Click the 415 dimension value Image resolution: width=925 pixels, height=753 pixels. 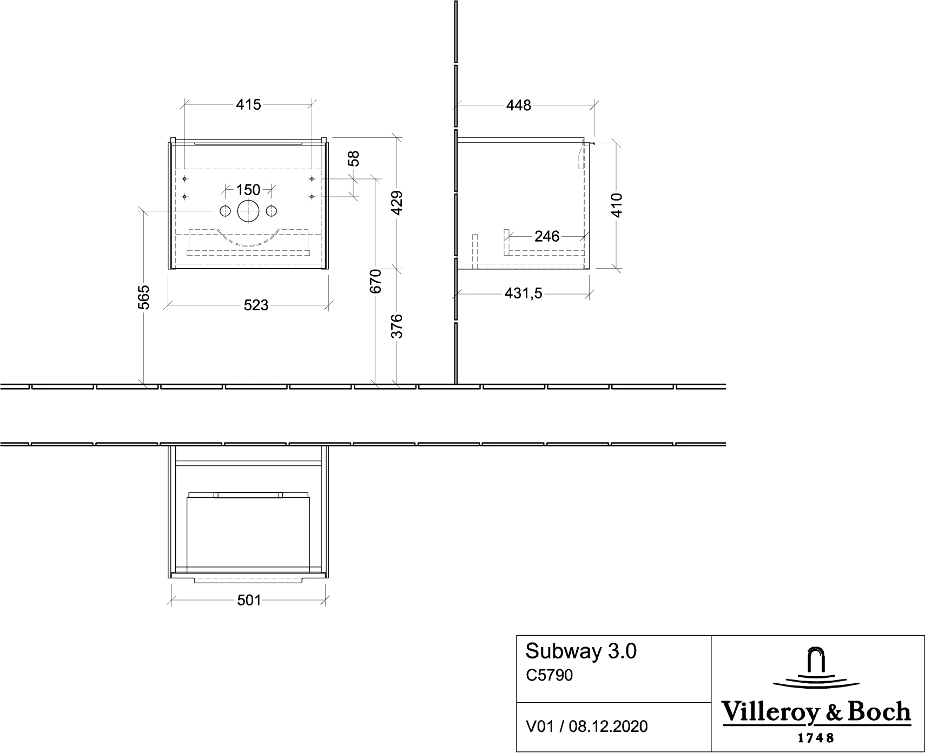248,104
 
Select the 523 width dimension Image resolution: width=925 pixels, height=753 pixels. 256,305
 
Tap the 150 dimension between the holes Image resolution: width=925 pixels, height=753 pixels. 248,190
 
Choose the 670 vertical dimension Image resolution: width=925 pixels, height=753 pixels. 376,281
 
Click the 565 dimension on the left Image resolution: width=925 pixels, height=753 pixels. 144,297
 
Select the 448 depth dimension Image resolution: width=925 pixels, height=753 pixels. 519,105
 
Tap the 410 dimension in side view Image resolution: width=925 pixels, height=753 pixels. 617,205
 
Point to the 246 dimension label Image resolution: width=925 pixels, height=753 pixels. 547,236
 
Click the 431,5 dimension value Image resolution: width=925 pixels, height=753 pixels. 523,294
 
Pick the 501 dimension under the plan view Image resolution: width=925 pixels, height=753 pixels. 249,600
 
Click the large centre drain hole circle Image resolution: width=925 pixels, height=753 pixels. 249,210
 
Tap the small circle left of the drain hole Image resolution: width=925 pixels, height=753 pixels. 225,210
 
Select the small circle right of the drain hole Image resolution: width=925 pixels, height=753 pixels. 272,210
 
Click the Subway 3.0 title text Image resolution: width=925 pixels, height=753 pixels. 581,651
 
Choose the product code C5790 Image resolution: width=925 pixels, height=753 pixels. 549,675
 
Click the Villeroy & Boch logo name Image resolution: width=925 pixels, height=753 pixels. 817,712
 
